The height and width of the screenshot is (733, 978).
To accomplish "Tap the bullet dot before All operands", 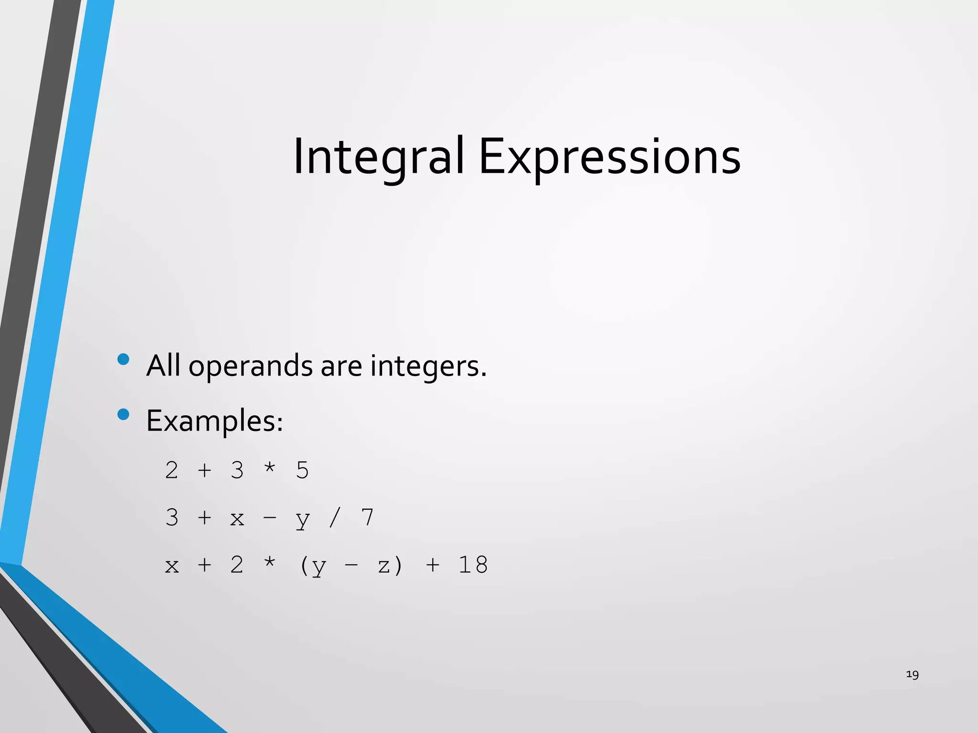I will tap(123, 359).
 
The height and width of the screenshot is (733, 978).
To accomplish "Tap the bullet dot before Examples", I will tap(123, 414).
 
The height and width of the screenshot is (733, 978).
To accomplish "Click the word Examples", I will tap(214, 421).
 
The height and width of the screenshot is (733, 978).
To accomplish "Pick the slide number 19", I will tap(912, 674).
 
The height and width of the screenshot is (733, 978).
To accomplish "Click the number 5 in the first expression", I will tap(302, 471).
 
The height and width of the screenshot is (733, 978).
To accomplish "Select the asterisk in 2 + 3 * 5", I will tap(270, 468).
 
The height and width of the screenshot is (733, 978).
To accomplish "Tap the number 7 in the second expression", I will tap(367, 518).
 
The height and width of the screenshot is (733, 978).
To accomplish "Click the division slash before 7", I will tap(335, 518).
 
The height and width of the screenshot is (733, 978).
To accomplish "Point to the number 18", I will tap(473, 565).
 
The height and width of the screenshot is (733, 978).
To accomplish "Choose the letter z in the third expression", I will tap(384, 566).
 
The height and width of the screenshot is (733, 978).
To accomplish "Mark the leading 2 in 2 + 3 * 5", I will tap(171, 471).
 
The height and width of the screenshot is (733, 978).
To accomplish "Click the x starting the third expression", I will tap(171, 566).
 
